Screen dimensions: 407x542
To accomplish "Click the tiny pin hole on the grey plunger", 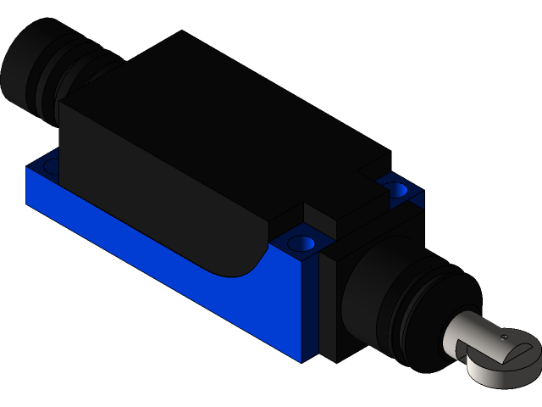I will (x=503, y=337).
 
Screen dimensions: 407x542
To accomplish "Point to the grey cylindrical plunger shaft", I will (x=474, y=326).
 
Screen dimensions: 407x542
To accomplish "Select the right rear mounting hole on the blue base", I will (x=395, y=190).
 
